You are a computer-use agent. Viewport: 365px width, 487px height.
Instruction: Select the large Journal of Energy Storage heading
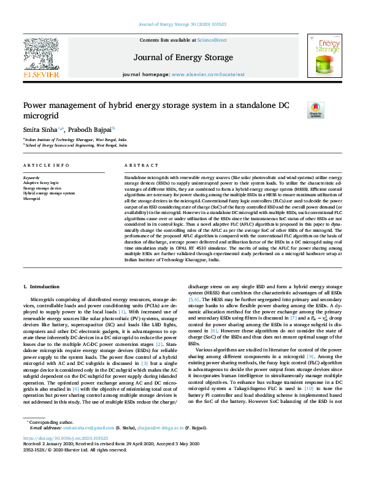click(x=182, y=58)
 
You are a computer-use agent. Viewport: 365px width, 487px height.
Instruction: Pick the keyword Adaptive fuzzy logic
click(x=41, y=183)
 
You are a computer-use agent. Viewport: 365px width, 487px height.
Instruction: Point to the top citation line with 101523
click(x=182, y=25)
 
